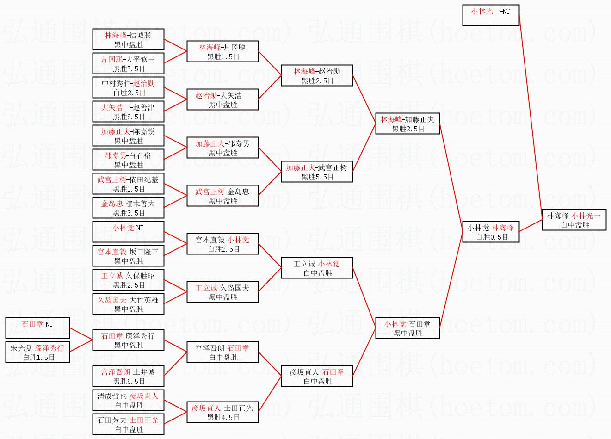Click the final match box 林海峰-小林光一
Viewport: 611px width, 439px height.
point(574,220)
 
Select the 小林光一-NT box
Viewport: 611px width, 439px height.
point(490,15)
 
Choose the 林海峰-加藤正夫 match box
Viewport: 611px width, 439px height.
point(407,124)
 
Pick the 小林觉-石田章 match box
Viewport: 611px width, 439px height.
point(407,328)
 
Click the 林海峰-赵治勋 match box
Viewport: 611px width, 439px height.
point(317,75)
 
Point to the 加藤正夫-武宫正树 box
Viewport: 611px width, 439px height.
point(317,172)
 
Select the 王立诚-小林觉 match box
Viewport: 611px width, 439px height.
point(317,268)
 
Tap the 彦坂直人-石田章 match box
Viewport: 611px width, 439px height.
point(317,376)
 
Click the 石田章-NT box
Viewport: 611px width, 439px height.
point(37,328)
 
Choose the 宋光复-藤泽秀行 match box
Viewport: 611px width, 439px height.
point(37,352)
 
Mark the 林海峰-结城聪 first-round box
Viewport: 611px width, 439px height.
point(128,39)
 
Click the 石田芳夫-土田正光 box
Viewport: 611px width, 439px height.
point(128,424)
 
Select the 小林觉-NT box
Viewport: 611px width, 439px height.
point(128,232)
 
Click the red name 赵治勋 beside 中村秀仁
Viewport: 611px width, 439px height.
point(144,83)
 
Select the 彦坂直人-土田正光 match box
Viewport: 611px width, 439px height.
point(222,412)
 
